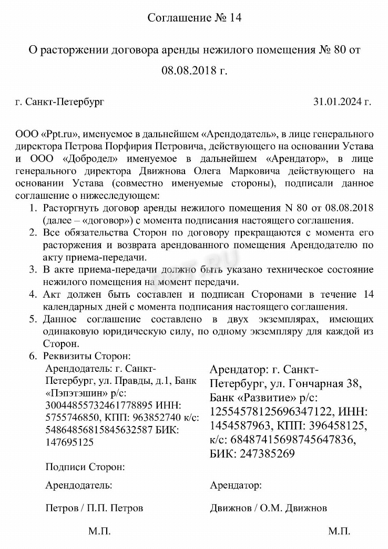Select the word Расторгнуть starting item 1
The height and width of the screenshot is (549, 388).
72,207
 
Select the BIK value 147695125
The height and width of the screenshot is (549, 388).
70,442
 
